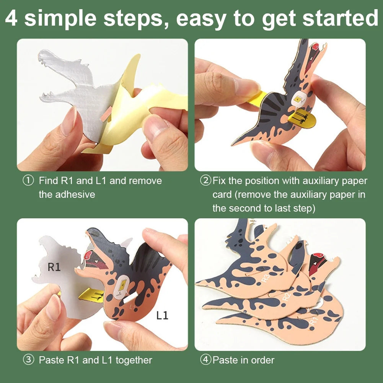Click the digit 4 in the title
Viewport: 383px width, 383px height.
(11, 18)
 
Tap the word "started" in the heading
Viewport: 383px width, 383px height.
(341, 18)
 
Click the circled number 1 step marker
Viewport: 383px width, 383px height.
(28, 181)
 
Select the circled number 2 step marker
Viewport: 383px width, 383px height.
(205, 181)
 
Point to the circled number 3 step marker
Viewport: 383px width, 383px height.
(28, 360)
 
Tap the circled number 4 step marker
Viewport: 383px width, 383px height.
(205, 360)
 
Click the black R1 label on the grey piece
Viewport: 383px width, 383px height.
(54, 267)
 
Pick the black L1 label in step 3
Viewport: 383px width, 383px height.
(162, 315)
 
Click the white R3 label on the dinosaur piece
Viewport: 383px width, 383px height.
(266, 278)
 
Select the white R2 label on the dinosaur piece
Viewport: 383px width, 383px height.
(286, 296)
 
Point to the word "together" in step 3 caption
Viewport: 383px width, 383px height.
(134, 360)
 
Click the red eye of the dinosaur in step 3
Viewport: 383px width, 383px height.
(88, 255)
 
